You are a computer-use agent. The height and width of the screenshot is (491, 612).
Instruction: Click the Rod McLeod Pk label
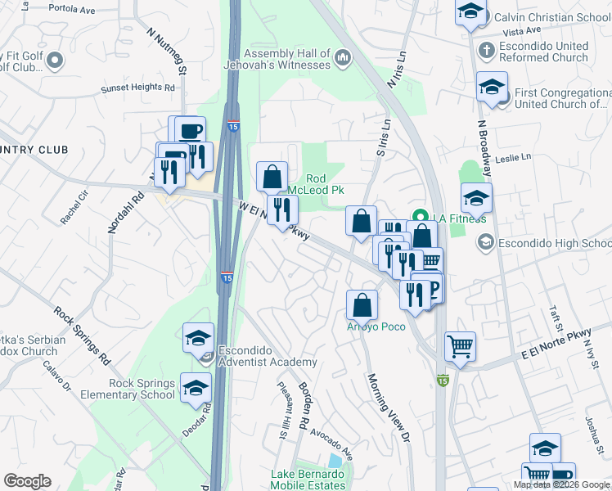pyautogui.click(x=326, y=184)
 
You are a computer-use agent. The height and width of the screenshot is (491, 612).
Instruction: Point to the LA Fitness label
pyautogui.click(x=461, y=218)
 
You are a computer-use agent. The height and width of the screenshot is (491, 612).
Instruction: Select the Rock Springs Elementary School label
pyautogui.click(x=128, y=389)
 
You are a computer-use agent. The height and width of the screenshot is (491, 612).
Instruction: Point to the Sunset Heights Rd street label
pyautogui.click(x=138, y=88)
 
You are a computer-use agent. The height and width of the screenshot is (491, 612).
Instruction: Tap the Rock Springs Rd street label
pyautogui.click(x=82, y=336)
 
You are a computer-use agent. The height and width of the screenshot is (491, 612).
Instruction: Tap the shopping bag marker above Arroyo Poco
pyautogui.click(x=362, y=305)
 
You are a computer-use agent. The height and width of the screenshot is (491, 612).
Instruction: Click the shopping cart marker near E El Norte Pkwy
pyautogui.click(x=461, y=346)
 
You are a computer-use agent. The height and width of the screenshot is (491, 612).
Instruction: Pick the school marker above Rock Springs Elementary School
pyautogui.click(x=198, y=336)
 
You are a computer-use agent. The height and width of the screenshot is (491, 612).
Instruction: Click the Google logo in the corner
pyautogui.click(x=27, y=481)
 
